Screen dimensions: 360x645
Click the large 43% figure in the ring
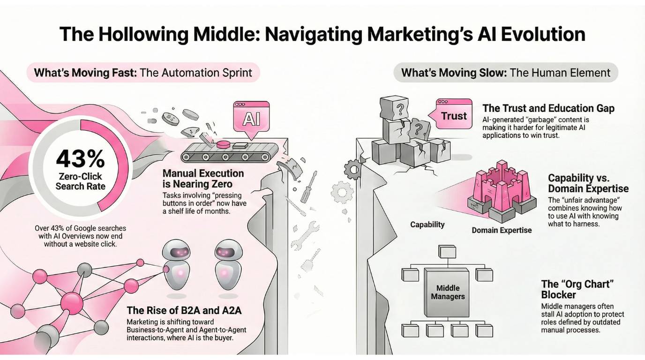80,159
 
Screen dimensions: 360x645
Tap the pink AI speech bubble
251,118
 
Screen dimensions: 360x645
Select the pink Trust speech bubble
453,115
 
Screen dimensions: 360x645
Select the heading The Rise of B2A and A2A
184,310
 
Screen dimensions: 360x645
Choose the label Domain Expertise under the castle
502,230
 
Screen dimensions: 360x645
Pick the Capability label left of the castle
427,225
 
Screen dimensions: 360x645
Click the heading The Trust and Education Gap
548,108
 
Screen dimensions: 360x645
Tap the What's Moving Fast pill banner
143,73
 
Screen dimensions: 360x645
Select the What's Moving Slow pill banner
506,73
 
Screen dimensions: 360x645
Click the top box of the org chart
447,252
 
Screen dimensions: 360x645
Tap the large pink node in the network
72,300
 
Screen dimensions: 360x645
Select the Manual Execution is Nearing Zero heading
203,179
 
